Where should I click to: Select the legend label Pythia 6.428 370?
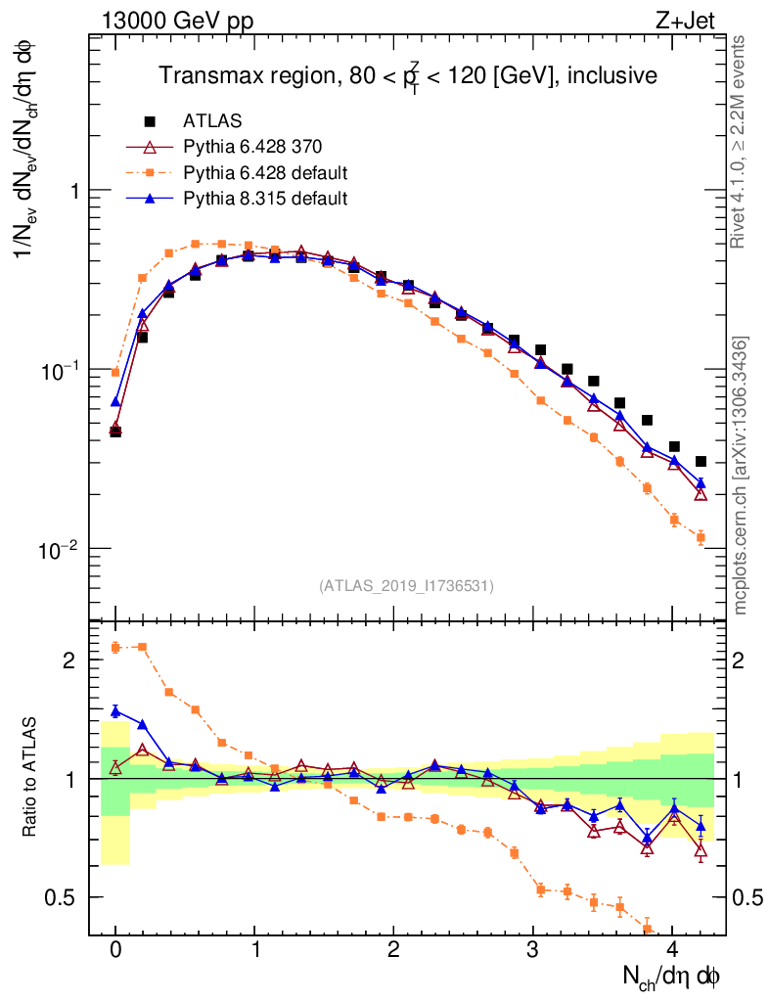coord(251,148)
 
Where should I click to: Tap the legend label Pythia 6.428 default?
coord(265,173)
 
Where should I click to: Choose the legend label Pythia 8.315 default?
coord(265,199)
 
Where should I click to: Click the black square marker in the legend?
coord(151,121)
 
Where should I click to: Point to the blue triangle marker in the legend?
coord(151,199)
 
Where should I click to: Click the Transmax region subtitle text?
coord(408,75)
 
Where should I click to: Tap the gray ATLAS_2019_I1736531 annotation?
coord(406,586)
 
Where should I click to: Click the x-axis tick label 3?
coord(532,950)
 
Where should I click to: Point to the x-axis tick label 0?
coord(115,950)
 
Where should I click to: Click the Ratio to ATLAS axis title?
coord(31,778)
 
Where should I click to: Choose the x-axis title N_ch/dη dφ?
coord(674,976)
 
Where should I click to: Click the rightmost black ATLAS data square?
coord(701,461)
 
